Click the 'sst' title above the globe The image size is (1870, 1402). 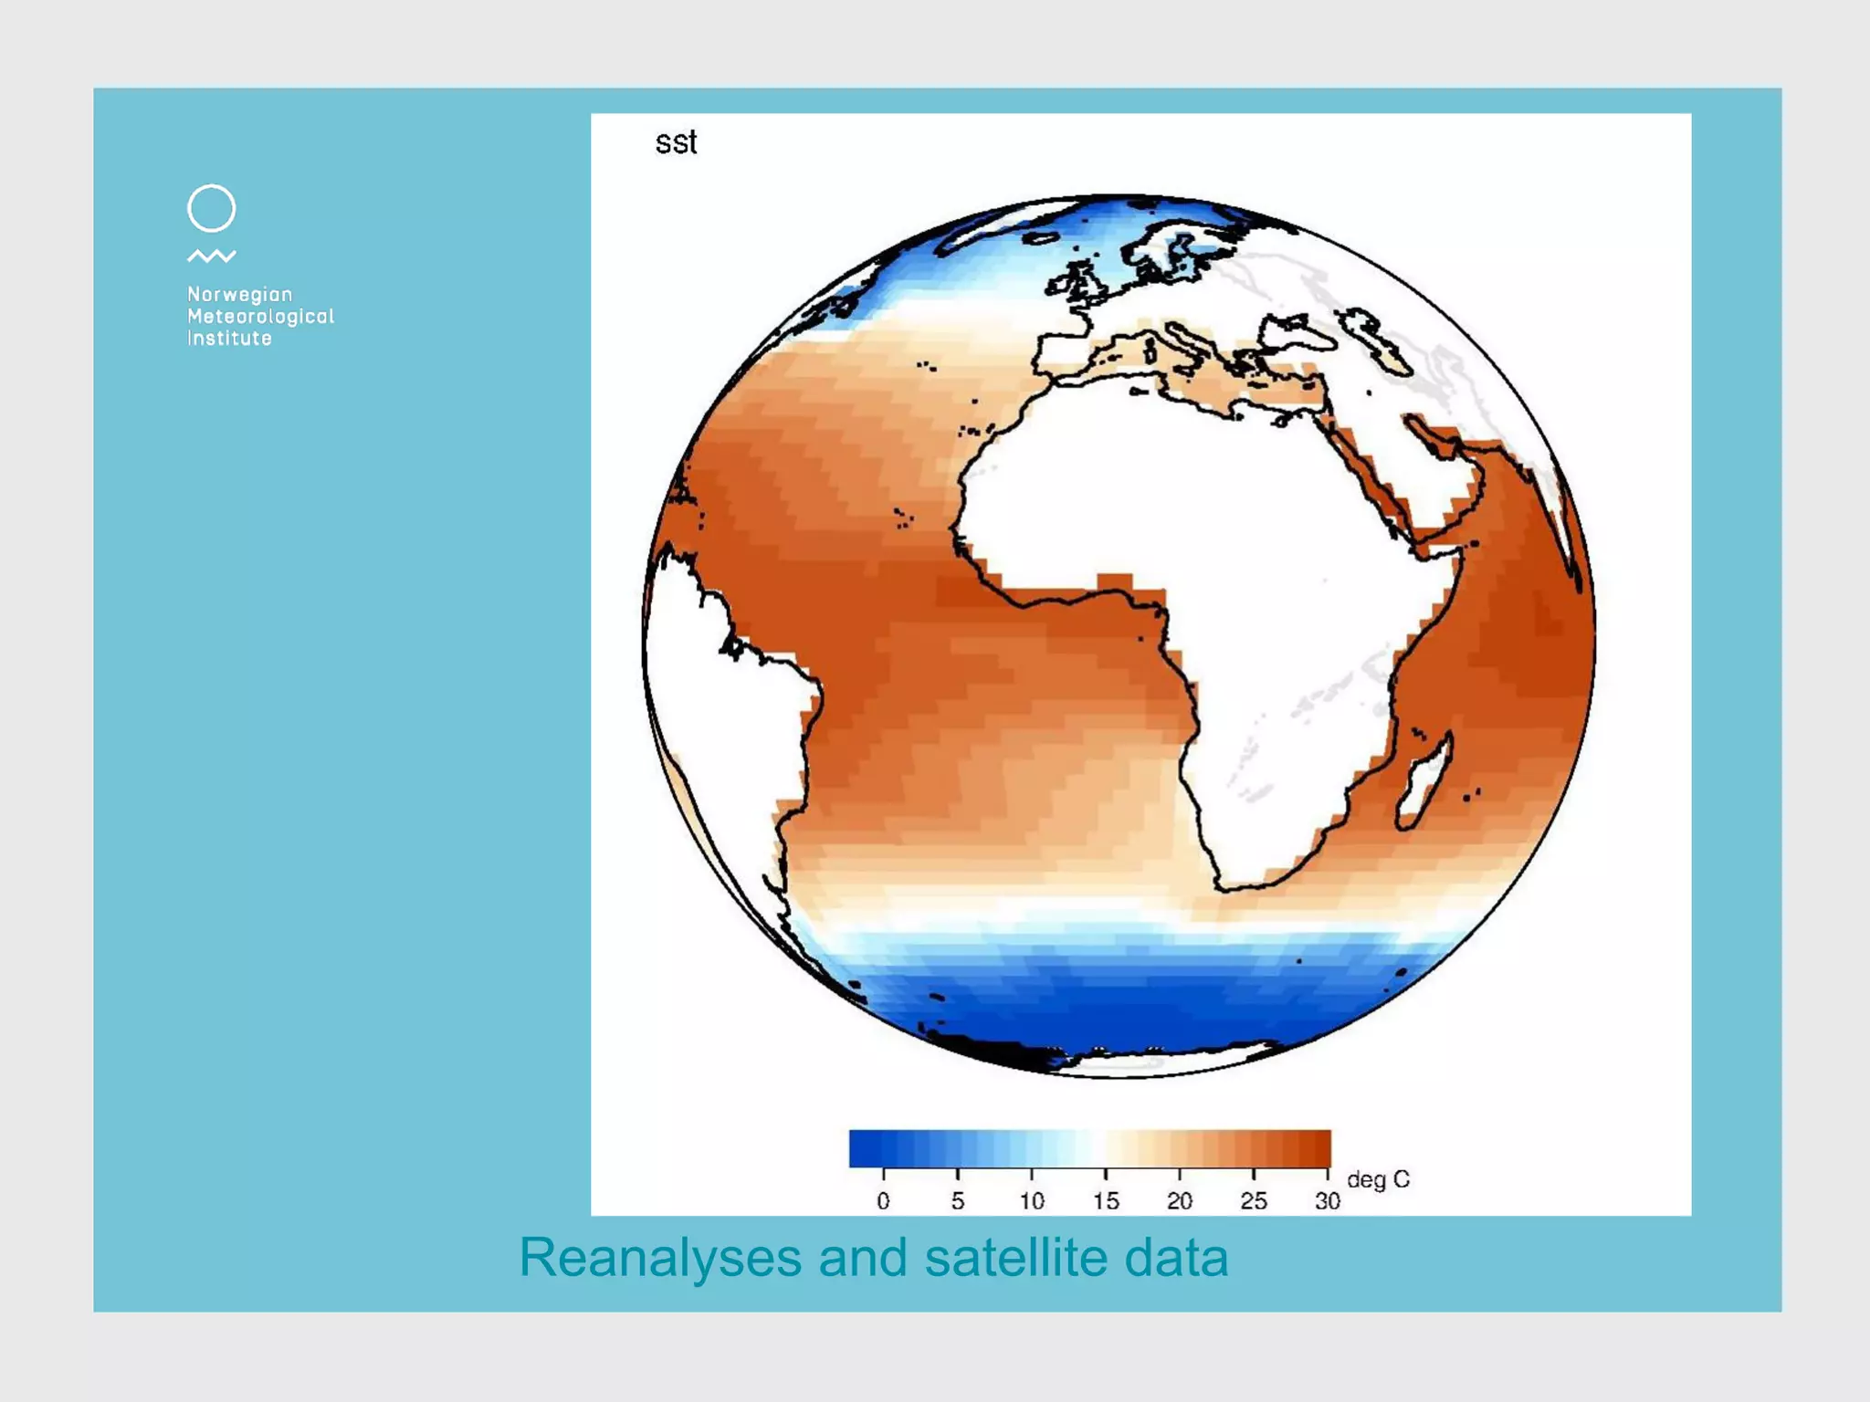[676, 142]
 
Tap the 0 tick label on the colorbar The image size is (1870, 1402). [883, 1201]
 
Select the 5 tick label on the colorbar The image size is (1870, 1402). [957, 1201]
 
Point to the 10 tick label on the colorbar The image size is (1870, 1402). [1032, 1201]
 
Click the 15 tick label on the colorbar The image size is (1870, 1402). [1106, 1201]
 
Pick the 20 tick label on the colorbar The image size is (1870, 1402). [1180, 1201]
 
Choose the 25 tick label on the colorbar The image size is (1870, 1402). [1254, 1201]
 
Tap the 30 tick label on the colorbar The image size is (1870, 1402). [1328, 1201]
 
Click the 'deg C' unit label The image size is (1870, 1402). [1378, 1180]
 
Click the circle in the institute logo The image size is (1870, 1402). [211, 208]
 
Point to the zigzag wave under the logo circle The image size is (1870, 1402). [211, 256]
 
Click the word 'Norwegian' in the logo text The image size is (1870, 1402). [239, 295]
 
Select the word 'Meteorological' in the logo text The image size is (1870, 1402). [260, 317]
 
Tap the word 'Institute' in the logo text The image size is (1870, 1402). [229, 339]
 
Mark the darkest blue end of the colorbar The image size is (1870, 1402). [858, 1149]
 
